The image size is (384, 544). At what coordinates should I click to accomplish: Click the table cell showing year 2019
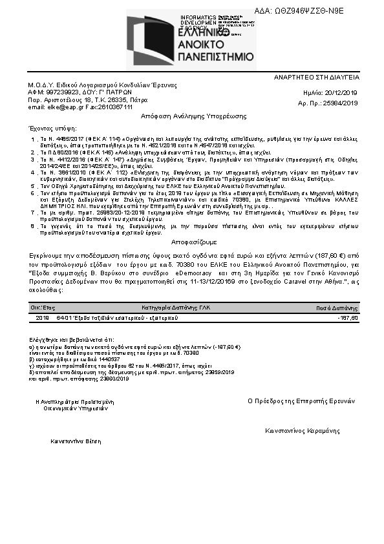coord(43,318)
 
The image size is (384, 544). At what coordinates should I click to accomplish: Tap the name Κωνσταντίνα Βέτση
coord(75,443)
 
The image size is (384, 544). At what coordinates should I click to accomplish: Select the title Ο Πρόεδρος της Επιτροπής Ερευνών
coord(301,401)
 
